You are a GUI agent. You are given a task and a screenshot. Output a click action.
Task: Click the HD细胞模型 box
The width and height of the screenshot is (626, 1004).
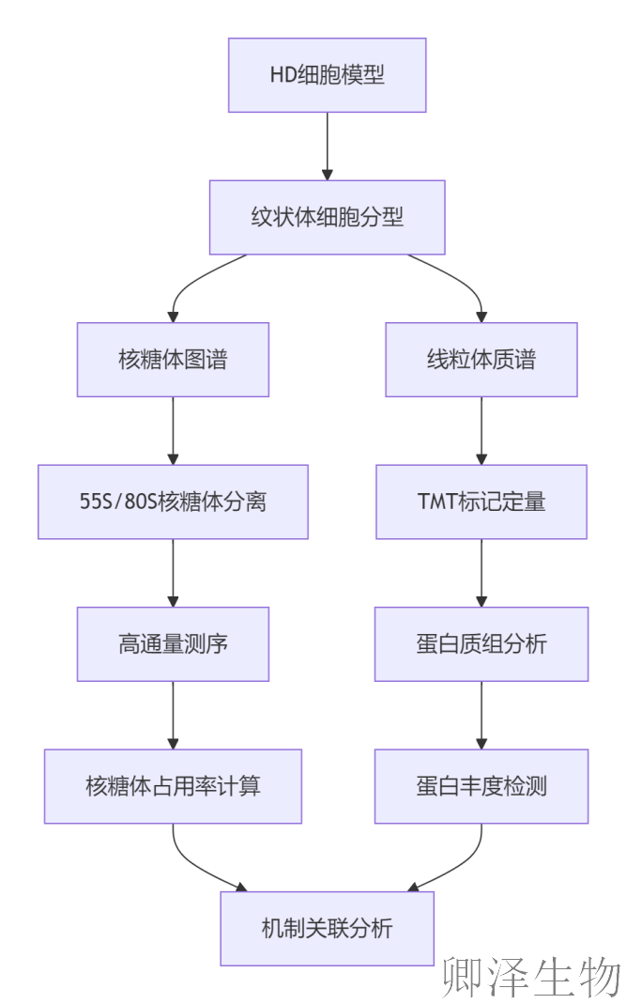click(327, 75)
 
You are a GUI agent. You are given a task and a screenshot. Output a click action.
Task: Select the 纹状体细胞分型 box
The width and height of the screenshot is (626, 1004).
click(327, 217)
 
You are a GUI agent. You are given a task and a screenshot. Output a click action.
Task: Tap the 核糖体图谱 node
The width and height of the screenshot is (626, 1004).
click(173, 360)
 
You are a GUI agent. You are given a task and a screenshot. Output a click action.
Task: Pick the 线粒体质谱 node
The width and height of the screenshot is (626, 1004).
click(481, 360)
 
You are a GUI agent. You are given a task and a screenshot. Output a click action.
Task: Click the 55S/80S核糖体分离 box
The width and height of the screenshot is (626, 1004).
click(173, 502)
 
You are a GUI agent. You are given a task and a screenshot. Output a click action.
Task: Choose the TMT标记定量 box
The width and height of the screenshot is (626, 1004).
click(481, 502)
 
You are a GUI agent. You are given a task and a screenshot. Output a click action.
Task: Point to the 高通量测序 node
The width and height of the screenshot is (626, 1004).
click(173, 644)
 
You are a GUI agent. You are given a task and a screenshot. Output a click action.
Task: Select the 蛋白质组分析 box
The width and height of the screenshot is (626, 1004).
click(481, 644)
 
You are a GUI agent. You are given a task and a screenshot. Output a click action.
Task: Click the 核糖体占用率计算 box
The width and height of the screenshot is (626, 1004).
click(173, 786)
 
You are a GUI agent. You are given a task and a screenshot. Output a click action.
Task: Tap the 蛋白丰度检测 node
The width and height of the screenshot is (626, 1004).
click(481, 786)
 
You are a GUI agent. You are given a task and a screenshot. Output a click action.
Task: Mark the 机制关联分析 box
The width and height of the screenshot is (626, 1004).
click(327, 929)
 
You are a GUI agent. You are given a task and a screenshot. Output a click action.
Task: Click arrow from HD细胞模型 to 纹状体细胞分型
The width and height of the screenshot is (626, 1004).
click(327, 146)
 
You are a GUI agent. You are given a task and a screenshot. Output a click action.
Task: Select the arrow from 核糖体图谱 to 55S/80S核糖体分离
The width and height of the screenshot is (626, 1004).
click(173, 430)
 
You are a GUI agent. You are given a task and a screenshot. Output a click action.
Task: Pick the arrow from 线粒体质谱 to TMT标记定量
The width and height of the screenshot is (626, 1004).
click(481, 430)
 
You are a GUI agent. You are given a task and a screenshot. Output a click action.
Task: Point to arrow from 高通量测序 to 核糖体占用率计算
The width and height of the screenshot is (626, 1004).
click(173, 715)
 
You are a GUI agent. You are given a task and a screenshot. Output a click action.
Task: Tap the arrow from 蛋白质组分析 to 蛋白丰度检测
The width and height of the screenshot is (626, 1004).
click(481, 715)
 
